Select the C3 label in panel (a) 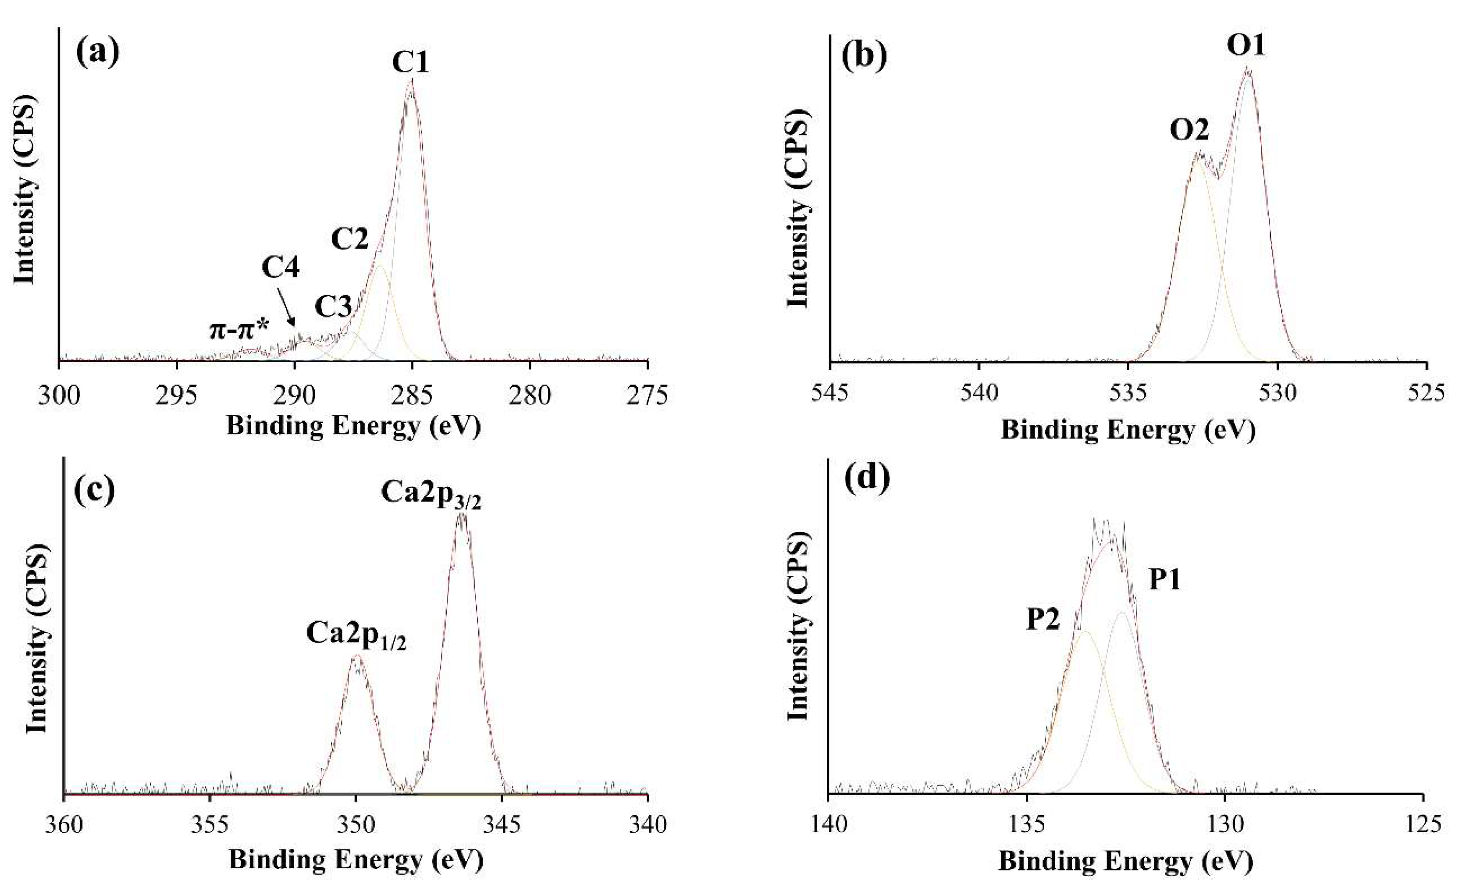click(x=333, y=307)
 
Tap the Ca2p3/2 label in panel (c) click(x=431, y=493)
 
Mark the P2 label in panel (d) click(x=1043, y=621)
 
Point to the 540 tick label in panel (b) click(x=979, y=395)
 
